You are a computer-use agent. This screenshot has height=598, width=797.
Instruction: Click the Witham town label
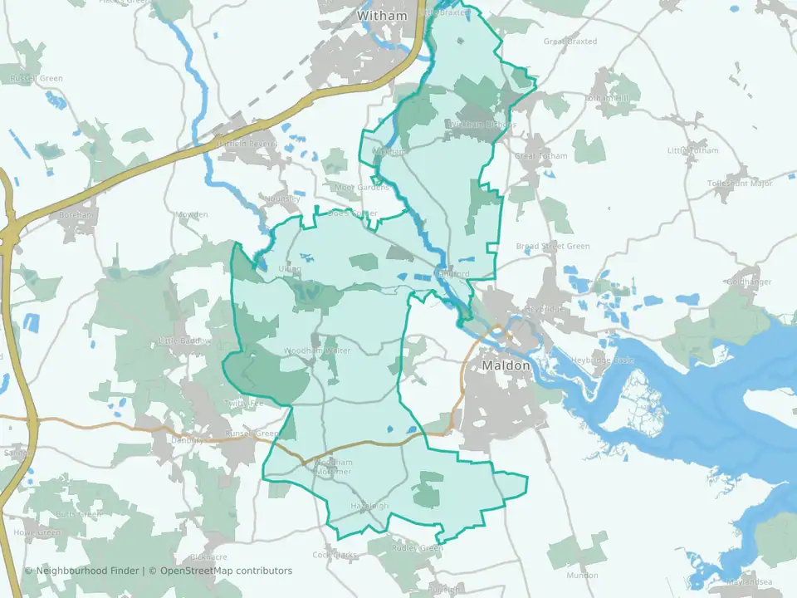[382, 16]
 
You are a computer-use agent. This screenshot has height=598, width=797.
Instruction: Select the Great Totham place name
[540, 155]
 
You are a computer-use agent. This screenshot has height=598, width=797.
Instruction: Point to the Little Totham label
[692, 150]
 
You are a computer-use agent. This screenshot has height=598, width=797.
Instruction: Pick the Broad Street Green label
[553, 247]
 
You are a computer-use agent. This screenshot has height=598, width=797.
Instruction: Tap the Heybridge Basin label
[604, 360]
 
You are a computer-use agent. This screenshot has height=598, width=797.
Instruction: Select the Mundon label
[581, 575]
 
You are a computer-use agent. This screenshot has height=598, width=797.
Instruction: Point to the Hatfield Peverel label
[247, 143]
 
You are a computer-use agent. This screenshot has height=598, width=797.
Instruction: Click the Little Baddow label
[185, 341]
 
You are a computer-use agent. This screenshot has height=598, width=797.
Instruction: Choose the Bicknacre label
[208, 556]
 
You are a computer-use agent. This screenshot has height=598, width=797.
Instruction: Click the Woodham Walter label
[317, 350]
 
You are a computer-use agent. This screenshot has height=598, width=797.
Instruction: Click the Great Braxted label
[570, 41]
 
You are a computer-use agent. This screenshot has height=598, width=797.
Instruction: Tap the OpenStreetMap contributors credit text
[226, 571]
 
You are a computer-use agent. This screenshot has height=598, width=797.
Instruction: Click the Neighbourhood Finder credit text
[86, 571]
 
